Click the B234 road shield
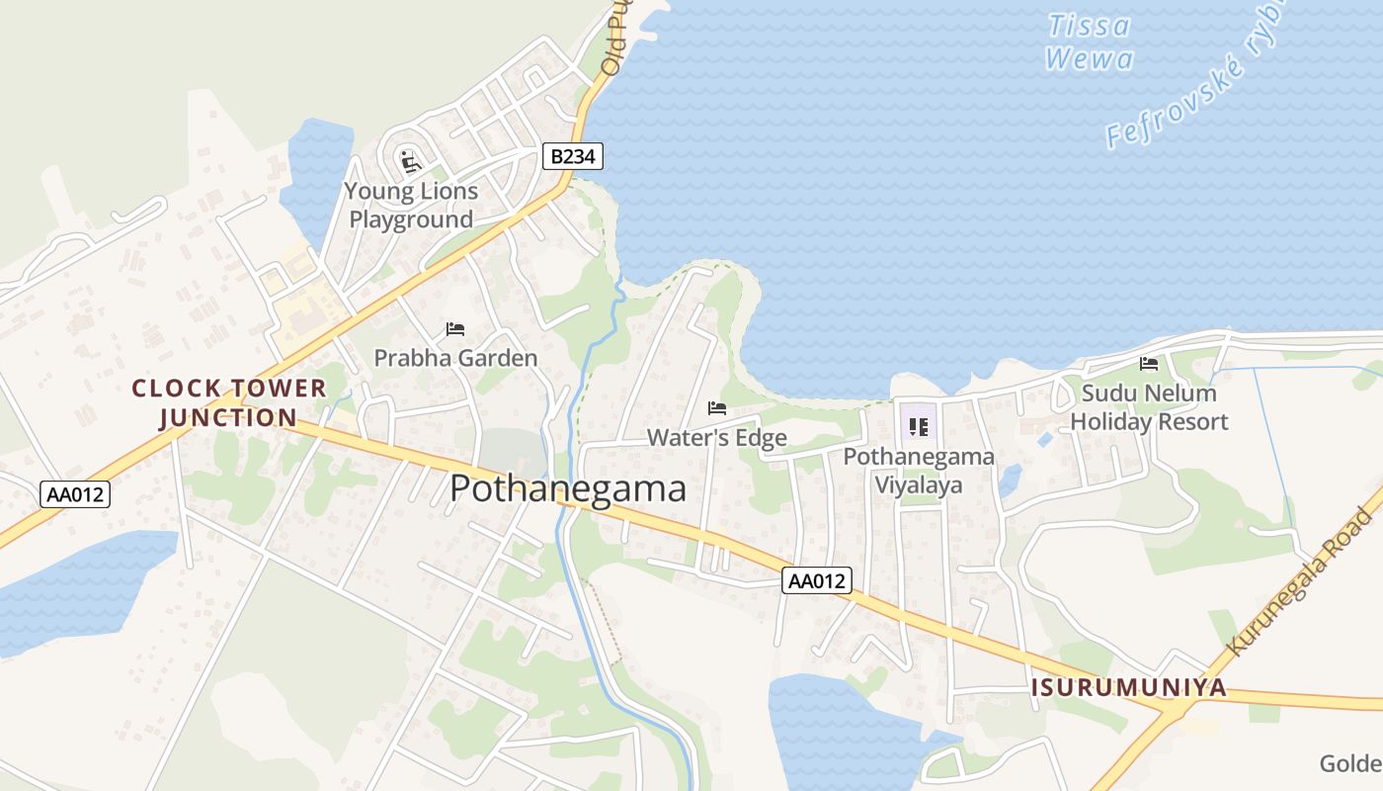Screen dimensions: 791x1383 tap(572, 156)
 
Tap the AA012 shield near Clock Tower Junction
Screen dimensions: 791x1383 tap(75, 494)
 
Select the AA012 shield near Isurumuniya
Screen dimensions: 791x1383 tap(817, 580)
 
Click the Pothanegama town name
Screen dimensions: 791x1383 tap(568, 488)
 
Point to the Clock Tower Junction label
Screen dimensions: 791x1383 tap(228, 402)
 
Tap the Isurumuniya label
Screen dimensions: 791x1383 tap(1129, 687)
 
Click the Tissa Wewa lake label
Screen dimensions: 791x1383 tap(1089, 42)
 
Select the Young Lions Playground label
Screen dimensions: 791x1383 tap(411, 206)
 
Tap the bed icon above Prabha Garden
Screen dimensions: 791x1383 tap(454, 328)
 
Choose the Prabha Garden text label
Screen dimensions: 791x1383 tap(455, 358)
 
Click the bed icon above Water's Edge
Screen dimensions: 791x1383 tap(717, 407)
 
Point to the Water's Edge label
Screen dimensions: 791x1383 tap(717, 437)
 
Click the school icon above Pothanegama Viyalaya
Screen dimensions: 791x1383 tap(919, 427)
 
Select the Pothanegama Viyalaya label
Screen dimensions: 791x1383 tap(919, 471)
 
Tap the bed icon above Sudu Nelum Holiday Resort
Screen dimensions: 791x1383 tap(1149, 364)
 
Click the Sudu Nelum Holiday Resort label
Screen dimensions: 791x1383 tap(1149, 407)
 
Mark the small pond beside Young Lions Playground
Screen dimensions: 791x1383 tap(316, 178)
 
